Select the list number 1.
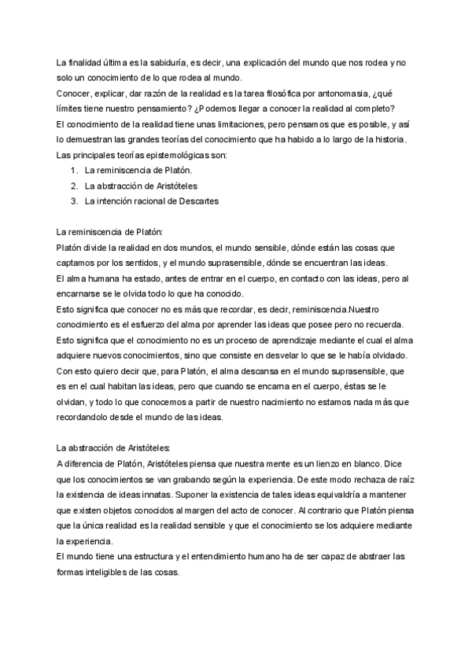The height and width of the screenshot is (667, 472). pyautogui.click(x=73, y=170)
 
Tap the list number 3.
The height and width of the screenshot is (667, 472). pyautogui.click(x=73, y=201)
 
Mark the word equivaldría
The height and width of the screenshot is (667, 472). pyautogui.click(x=338, y=494)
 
